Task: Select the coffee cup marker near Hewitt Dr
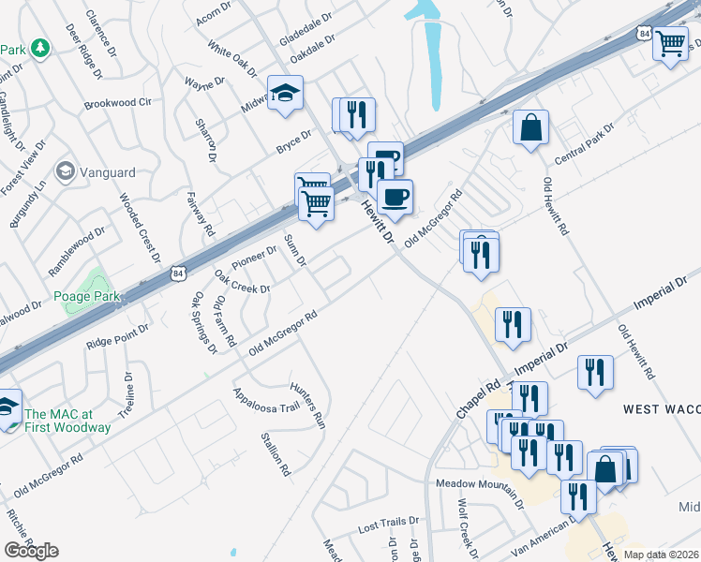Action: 395,197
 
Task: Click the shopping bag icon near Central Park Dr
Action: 530,128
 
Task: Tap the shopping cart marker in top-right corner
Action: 671,43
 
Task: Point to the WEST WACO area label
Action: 661,409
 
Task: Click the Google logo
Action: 31,550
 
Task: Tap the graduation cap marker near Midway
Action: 284,93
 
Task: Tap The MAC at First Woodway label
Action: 67,421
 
